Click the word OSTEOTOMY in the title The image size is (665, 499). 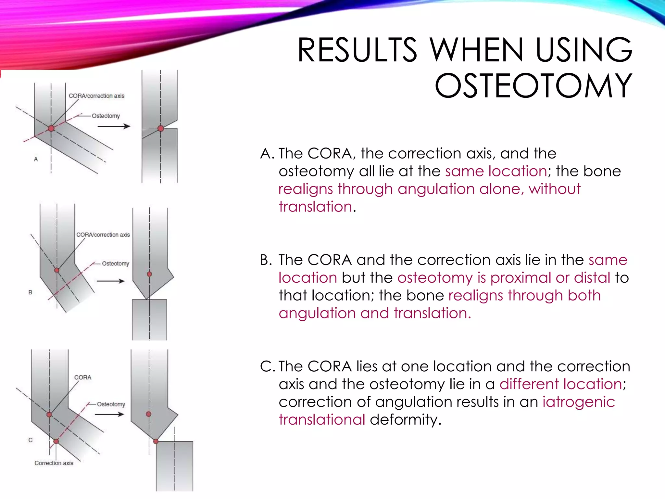point(533,86)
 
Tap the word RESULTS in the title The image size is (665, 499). point(357,50)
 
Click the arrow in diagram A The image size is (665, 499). point(114,126)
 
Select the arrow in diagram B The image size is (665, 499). point(111,281)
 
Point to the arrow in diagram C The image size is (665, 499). point(109,414)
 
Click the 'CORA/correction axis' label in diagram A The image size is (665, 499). point(96,96)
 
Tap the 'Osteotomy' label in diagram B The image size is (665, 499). point(115,263)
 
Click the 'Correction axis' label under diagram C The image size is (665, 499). point(54,463)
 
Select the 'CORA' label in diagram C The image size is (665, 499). point(83,377)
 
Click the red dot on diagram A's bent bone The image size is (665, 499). point(51,128)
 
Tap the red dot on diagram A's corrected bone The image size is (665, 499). point(160,128)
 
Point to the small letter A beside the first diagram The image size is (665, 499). point(36,159)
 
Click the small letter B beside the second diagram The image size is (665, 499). point(30,292)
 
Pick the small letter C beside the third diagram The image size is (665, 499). point(31,440)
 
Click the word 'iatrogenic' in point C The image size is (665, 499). point(579,402)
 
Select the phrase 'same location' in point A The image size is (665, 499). point(496,171)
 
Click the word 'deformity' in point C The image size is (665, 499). point(405,420)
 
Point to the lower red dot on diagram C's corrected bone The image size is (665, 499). point(156,441)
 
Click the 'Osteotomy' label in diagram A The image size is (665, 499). point(106,116)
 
